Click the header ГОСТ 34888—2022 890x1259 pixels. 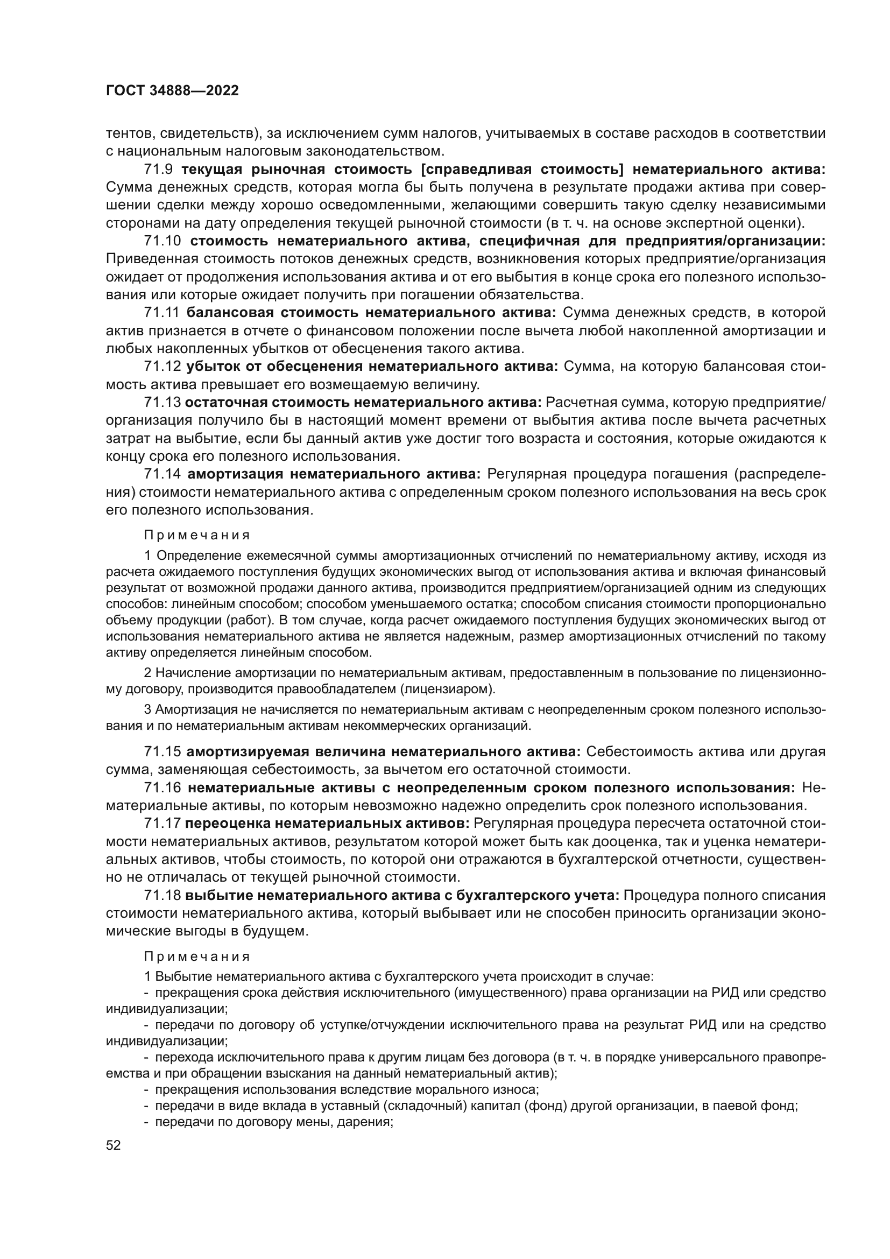tap(172, 91)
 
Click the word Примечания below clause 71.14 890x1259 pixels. tap(197, 535)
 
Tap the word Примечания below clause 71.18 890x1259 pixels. tap(197, 957)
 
